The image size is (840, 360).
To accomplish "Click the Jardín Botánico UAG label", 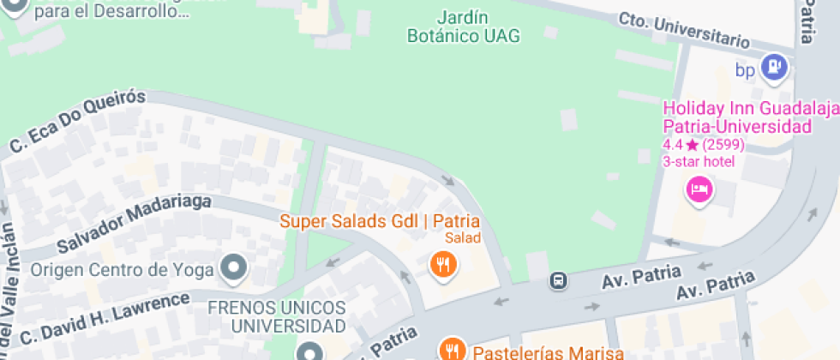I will click(464, 27).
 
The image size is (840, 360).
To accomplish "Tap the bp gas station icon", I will click(775, 66).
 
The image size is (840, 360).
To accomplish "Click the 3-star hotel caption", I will click(699, 162).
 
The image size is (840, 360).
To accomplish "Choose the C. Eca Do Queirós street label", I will click(78, 122).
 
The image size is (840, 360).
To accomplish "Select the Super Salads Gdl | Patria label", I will click(381, 220).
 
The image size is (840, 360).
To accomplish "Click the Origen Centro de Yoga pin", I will click(233, 269).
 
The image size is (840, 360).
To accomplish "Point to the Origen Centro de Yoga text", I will click(122, 271).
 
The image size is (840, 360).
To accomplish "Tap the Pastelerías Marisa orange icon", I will click(451, 349).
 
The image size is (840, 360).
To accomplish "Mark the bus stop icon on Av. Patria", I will click(558, 280).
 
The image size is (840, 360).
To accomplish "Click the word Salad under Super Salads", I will click(462, 237).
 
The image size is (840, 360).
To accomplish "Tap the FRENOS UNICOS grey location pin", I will click(309, 351).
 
